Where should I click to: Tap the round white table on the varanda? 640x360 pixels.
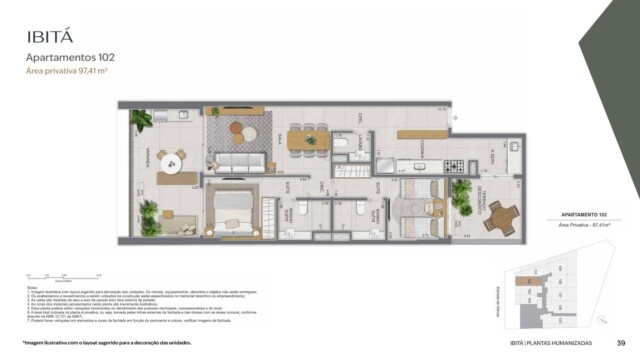point(171,160)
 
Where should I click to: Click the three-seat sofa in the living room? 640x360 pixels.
point(240,163)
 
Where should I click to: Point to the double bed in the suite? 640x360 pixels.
point(234,209)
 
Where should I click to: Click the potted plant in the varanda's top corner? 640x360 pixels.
point(142,119)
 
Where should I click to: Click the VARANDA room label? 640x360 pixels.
point(147,159)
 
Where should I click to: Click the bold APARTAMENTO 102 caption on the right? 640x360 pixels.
point(585,214)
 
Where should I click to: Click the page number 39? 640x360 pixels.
point(622,342)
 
